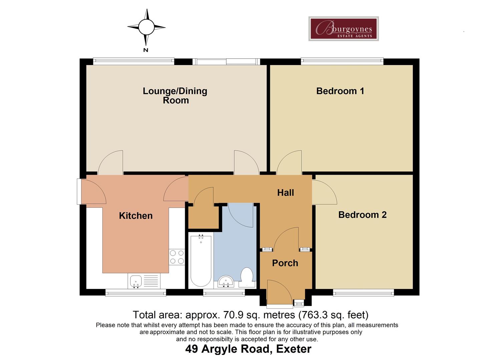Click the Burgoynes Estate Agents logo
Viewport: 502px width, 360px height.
tap(343, 29)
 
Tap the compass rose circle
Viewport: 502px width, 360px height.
tap(146, 27)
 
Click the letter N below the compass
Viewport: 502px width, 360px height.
tap(145, 50)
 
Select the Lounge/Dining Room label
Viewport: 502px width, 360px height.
tap(175, 96)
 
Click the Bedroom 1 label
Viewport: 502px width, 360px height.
tap(340, 91)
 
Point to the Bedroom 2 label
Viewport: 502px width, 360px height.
tap(362, 215)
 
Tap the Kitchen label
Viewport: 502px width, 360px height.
tap(136, 216)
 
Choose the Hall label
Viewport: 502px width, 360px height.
tap(286, 193)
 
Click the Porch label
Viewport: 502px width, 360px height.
tap(285, 263)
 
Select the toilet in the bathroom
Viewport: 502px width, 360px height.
tap(247, 278)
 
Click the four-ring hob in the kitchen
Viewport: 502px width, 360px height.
tap(177, 257)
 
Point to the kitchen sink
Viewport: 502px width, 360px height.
tap(136, 281)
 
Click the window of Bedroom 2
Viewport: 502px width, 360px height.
tap(363, 293)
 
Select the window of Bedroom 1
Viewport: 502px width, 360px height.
tap(342, 61)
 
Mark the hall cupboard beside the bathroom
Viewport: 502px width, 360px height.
tap(203, 217)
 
